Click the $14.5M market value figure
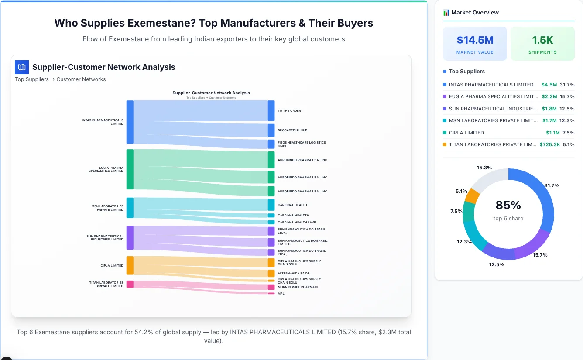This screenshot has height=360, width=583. coord(475,40)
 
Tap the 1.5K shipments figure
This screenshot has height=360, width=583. coord(542,40)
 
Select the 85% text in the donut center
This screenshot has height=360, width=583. coord(508,205)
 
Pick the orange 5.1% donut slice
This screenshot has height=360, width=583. coord(472,196)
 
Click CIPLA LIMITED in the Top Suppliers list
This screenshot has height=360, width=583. coord(466,133)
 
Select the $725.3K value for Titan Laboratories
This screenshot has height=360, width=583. coord(549,144)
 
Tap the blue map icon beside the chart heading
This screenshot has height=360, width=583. coord(22,67)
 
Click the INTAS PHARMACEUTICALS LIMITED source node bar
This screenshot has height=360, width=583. coord(130,122)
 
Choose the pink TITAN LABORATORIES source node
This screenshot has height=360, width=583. coord(130,284)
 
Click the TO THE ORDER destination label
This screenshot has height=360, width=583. coord(289,111)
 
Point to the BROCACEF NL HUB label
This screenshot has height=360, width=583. coord(292,130)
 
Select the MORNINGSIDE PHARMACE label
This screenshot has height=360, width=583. coord(298,287)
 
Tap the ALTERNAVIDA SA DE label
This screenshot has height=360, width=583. coord(294,274)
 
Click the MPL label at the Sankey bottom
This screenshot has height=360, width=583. coord(281,294)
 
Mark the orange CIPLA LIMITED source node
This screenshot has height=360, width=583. coord(130,265)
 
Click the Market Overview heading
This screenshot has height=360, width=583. coord(475,13)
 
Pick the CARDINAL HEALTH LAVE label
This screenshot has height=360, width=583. coord(297,223)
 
